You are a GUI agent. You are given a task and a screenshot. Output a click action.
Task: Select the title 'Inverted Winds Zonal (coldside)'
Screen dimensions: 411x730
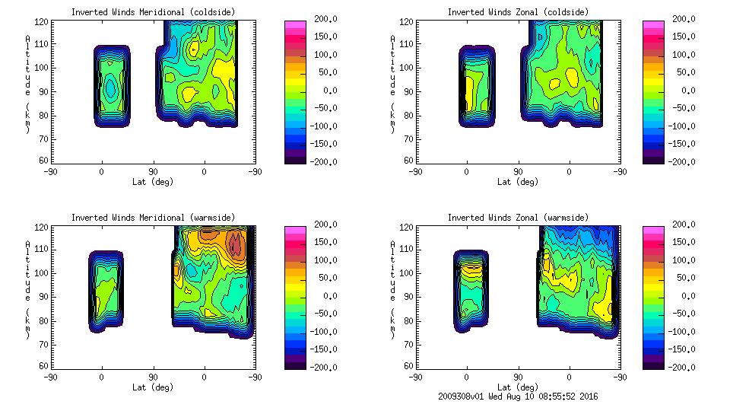click(518, 12)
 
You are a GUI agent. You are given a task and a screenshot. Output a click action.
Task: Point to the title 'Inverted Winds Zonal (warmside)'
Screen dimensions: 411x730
click(518, 218)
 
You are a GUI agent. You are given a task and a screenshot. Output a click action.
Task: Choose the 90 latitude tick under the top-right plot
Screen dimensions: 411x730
click(518, 171)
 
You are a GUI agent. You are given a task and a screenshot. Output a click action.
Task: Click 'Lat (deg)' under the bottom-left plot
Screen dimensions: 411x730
click(153, 387)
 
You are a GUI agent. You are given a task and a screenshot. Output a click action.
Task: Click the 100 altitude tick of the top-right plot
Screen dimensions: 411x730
click(401, 67)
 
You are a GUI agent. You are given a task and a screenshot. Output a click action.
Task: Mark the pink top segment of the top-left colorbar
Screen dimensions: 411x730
click(294, 26)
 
